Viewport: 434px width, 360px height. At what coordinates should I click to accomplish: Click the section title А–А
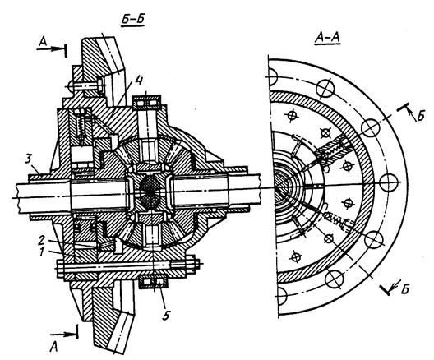click(327, 37)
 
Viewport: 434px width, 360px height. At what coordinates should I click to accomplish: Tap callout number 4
click(139, 81)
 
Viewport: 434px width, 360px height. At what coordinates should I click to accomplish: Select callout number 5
click(165, 315)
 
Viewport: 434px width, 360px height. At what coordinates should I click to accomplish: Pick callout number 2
click(42, 240)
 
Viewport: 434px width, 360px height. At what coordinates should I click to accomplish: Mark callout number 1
click(42, 252)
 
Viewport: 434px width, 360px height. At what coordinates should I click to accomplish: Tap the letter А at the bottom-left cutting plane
click(54, 347)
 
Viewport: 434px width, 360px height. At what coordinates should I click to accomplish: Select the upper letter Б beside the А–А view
click(421, 116)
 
